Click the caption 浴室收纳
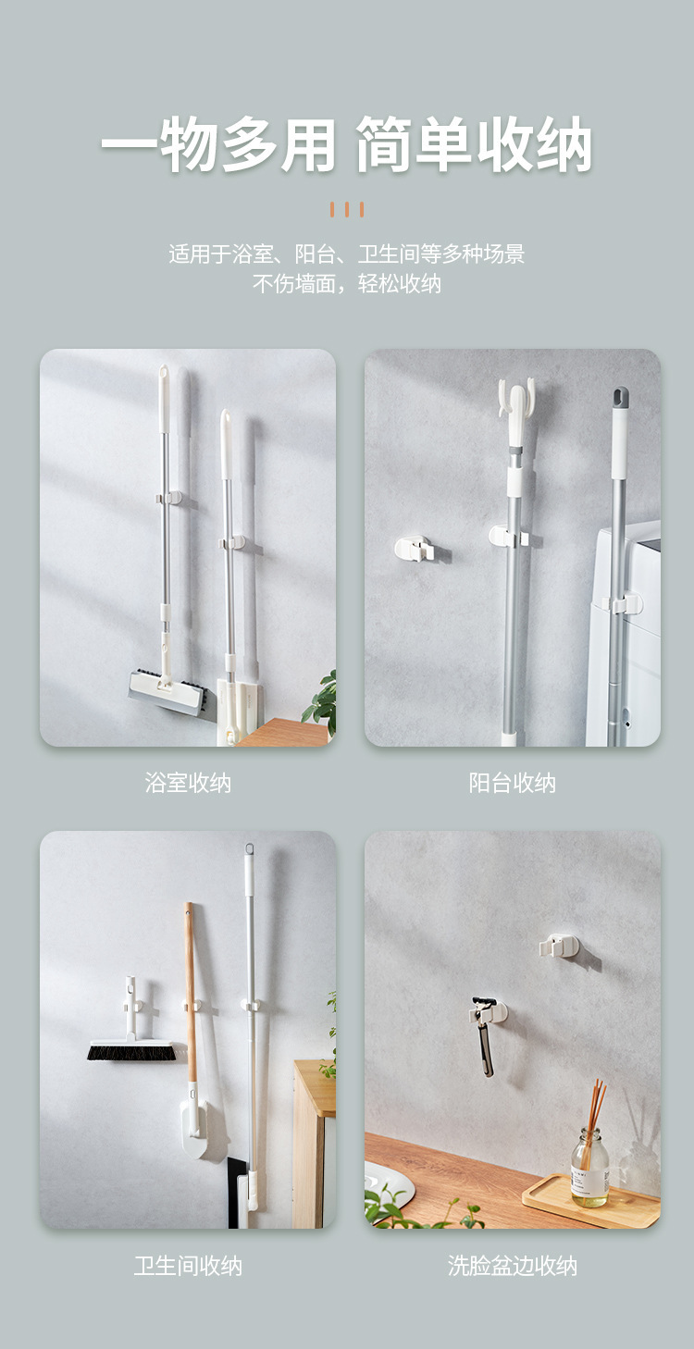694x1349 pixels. [x=188, y=784]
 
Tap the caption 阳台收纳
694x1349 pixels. [x=512, y=784]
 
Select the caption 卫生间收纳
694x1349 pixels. [x=188, y=1266]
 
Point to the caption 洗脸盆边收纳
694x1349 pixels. [x=512, y=1266]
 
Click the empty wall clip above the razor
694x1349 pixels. [x=559, y=947]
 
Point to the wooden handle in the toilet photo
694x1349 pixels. [x=190, y=993]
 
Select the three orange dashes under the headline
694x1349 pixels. [x=347, y=209]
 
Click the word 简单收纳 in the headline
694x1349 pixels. [x=474, y=144]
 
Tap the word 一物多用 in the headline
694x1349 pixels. [x=218, y=144]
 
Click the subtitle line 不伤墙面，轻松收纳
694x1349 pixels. [x=347, y=283]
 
